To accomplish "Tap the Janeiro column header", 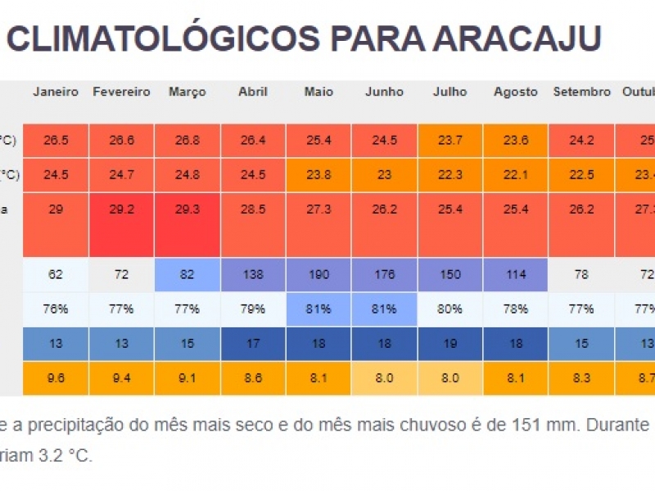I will (56, 92).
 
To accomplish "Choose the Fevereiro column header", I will (121, 92).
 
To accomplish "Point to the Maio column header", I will (318, 92).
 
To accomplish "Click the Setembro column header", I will (581, 92).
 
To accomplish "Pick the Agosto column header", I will (515, 92).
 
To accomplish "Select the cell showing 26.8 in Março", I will (187, 141).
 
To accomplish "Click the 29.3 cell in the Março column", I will (187, 209).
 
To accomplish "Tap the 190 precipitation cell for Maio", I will (318, 275).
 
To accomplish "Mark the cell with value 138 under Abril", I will (252, 275).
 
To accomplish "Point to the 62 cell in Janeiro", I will (56, 275).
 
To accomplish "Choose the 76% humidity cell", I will (56, 309).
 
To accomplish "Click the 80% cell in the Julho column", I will (449, 309).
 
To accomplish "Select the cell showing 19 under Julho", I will (449, 344).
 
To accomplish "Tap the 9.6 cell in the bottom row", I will (56, 379).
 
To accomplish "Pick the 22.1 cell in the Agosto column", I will (515, 174).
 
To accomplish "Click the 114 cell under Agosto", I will (515, 275).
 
